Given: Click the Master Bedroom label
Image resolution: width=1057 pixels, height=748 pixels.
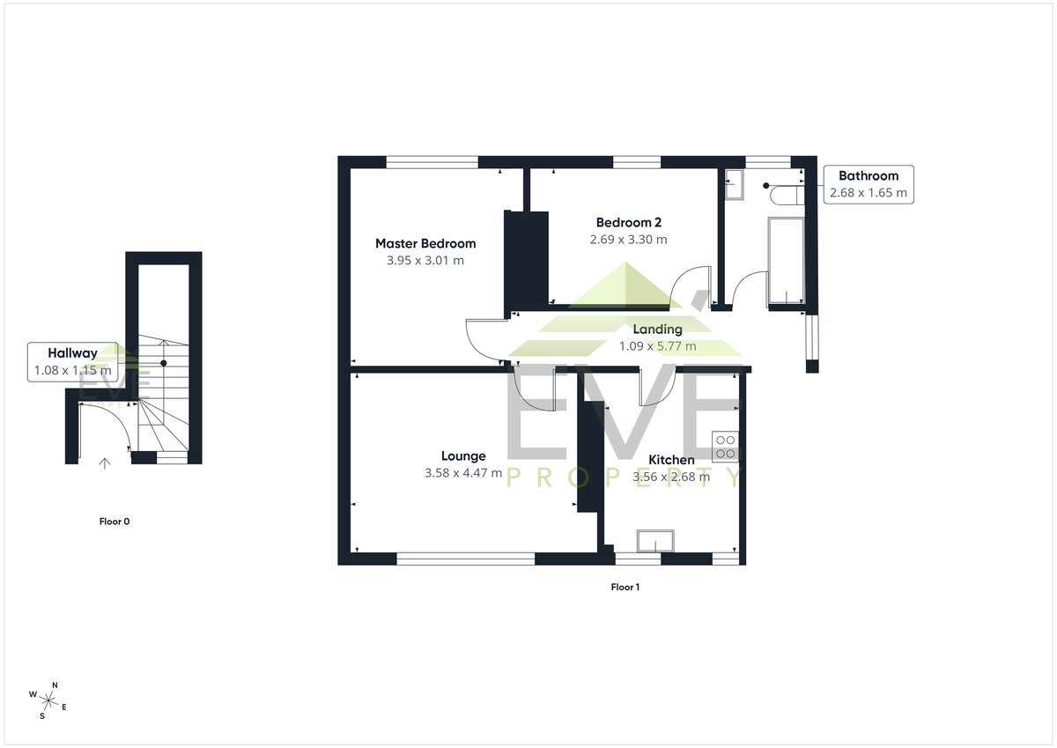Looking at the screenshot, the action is point(425,243).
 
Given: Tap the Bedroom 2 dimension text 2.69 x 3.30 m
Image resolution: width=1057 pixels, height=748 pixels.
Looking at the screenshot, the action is point(628,240).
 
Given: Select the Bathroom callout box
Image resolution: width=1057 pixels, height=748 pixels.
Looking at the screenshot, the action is point(869,184).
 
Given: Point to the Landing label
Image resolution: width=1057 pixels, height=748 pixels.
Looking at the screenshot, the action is point(657,329).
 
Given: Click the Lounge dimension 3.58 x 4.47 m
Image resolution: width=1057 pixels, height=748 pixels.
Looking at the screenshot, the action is point(463,473).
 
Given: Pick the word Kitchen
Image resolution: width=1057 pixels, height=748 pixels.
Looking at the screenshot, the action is point(671,460).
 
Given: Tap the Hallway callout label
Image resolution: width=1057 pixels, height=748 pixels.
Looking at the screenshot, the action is point(72,353).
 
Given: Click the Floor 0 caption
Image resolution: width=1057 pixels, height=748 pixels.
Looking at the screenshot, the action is point(115,522).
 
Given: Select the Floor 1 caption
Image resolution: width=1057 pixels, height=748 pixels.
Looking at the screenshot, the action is point(625,587).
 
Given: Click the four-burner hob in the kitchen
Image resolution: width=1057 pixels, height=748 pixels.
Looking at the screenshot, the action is point(725,447).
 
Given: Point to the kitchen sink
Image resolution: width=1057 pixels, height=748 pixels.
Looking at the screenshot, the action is point(655,541).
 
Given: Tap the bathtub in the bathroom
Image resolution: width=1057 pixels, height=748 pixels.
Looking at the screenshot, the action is point(786,261).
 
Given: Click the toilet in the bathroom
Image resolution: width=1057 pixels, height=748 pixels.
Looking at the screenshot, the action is point(787,195).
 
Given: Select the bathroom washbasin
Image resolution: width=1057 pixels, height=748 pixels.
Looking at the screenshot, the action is point(734,184).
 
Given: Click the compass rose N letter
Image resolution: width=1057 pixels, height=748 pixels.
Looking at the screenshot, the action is point(55,685).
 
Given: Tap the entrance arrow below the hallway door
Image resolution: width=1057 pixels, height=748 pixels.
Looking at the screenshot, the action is point(104,463).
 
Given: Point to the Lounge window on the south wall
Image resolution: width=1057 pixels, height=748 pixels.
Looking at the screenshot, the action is point(465,559).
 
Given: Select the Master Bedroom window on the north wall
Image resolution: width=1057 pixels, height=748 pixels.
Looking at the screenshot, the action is point(432,162).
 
